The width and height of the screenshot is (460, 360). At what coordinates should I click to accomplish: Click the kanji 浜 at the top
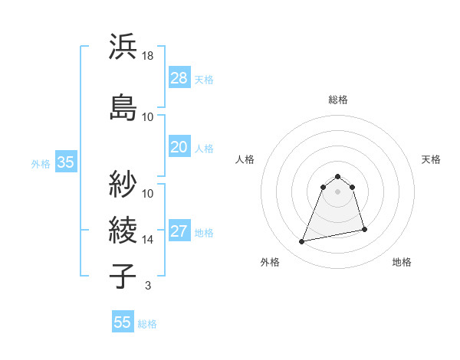pyautogui.click(x=123, y=47)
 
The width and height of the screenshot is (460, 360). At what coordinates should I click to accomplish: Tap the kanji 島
pyautogui.click(x=123, y=107)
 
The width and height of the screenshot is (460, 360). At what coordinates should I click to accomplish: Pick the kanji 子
pyautogui.click(x=123, y=275)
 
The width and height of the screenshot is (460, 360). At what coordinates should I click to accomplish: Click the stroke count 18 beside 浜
pyautogui.click(x=148, y=56)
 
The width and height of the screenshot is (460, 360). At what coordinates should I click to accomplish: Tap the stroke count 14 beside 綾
pyautogui.click(x=148, y=239)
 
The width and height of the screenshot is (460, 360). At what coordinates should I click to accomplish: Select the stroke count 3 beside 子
pyautogui.click(x=147, y=286)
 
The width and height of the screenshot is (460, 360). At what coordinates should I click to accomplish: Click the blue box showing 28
pyautogui.click(x=179, y=78)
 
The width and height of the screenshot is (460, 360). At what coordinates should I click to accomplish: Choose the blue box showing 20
pyautogui.click(x=179, y=147)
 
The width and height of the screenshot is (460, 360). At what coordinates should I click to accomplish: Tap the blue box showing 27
pyautogui.click(x=179, y=232)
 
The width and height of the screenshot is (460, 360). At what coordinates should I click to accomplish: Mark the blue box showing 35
pyautogui.click(x=65, y=162)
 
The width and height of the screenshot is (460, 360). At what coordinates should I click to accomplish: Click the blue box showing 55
pyautogui.click(x=123, y=322)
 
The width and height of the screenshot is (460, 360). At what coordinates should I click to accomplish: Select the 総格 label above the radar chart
pyautogui.click(x=338, y=100)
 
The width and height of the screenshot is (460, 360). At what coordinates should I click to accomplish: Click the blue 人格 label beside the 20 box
pyautogui.click(x=204, y=148)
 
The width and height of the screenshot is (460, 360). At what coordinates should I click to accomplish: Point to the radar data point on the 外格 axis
pyautogui.click(x=302, y=242)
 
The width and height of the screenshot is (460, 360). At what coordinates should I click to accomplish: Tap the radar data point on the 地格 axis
pyautogui.click(x=364, y=230)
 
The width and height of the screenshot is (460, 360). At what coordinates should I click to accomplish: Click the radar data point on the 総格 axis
pyautogui.click(x=338, y=174)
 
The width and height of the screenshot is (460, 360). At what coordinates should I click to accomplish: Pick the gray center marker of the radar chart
pyautogui.click(x=338, y=202)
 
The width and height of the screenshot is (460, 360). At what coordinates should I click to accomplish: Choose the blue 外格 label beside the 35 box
pyautogui.click(x=41, y=163)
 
